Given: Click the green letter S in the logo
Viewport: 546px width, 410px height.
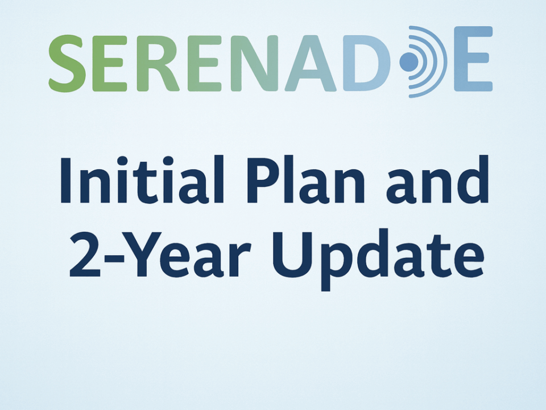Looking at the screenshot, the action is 67,63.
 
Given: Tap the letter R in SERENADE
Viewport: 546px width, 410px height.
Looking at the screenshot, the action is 158,63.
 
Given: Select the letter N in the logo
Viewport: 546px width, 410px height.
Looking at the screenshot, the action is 255,63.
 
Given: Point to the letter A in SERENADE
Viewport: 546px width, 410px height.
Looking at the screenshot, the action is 311,63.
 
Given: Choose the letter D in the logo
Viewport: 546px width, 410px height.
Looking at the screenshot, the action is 367,63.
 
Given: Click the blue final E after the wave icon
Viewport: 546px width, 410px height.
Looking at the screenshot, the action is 473,59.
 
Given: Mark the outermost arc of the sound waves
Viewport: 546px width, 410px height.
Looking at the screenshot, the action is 443,61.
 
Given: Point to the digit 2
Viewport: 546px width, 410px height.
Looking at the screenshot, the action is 85,255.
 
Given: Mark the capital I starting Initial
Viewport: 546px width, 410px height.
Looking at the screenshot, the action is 66,180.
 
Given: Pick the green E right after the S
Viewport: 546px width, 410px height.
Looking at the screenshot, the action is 110,63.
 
